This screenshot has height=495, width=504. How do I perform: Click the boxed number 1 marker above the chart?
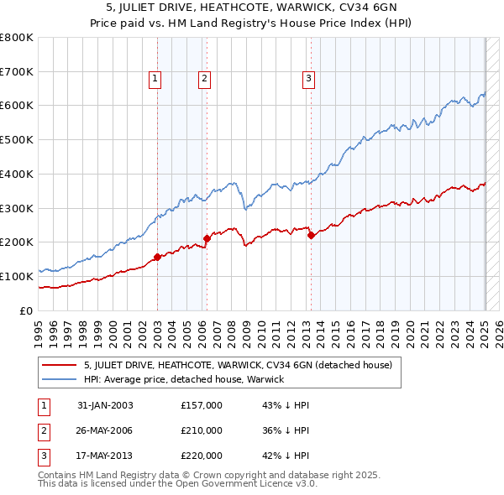tap(156, 79)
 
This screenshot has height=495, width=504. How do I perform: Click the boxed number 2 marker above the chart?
tap(204, 79)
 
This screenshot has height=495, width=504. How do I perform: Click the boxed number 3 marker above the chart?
tap(308, 79)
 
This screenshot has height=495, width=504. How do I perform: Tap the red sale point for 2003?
tap(157, 257)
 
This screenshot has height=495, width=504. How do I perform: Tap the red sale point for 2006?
tap(207, 238)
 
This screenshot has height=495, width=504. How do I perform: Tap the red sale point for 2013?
tap(311, 235)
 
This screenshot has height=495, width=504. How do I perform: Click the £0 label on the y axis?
tap(27, 310)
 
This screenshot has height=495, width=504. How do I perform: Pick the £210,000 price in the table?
tap(202, 430)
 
